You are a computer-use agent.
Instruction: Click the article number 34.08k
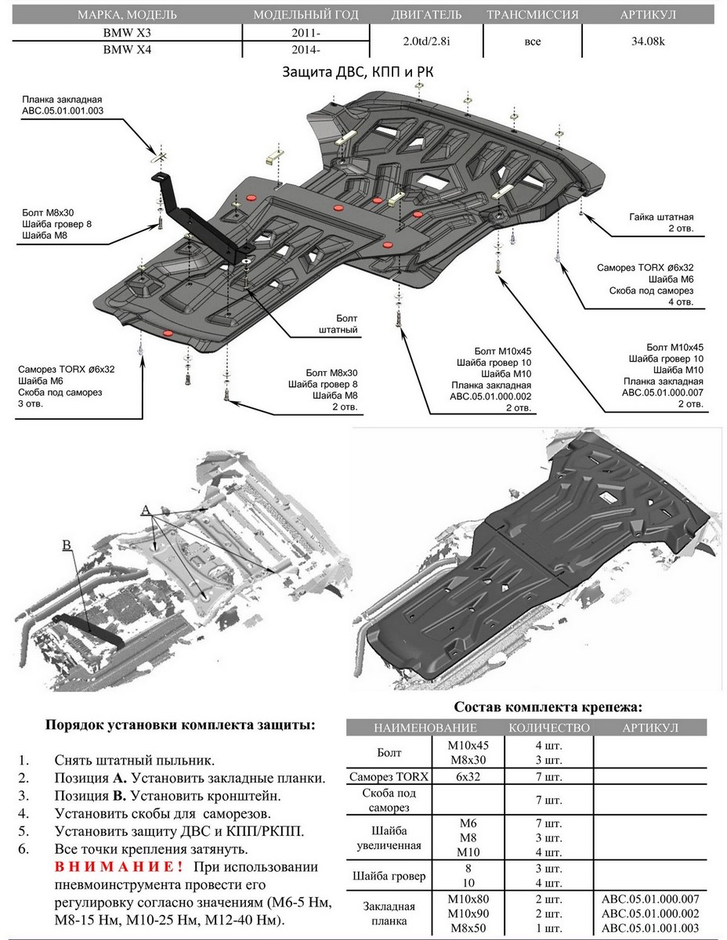(649, 42)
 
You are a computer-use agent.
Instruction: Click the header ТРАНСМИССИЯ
(533, 15)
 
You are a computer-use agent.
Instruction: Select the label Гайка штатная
(661, 217)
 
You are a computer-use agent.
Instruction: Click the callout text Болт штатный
(338, 324)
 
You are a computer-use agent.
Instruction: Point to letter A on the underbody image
(145, 510)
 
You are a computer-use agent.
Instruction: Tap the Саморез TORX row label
(389, 777)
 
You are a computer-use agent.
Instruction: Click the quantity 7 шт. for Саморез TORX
(548, 777)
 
